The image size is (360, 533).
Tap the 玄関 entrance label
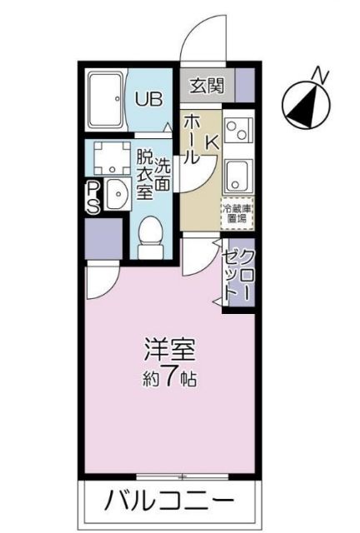tap(205, 84)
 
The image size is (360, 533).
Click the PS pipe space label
tap(94, 197)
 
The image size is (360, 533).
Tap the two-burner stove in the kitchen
tap(237, 129)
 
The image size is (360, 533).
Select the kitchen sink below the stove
tap(237, 176)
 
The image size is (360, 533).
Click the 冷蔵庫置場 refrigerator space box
tap(237, 212)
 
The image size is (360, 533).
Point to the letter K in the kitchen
tap(212, 142)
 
